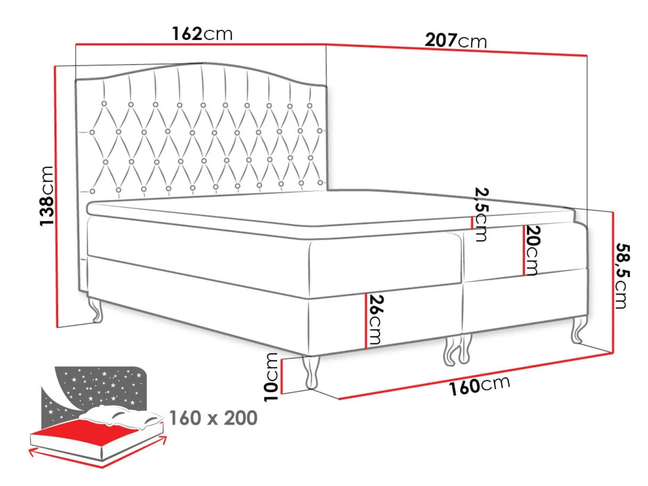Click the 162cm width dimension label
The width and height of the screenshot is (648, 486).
[x=202, y=34]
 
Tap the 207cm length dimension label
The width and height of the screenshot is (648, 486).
[x=456, y=41]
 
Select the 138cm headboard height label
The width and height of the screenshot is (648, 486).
[x=47, y=196]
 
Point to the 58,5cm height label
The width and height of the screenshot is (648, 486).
[x=623, y=276]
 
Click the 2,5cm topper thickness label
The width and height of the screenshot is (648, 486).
[x=481, y=215]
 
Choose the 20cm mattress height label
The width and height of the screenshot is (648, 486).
[x=532, y=250]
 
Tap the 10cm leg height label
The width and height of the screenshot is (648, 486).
[x=271, y=377]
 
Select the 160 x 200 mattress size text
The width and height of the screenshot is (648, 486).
[x=214, y=418]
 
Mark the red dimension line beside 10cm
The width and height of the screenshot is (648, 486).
[x=282, y=376]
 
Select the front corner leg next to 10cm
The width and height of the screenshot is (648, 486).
[x=311, y=372]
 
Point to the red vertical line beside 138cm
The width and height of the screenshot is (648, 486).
[x=56, y=196]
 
